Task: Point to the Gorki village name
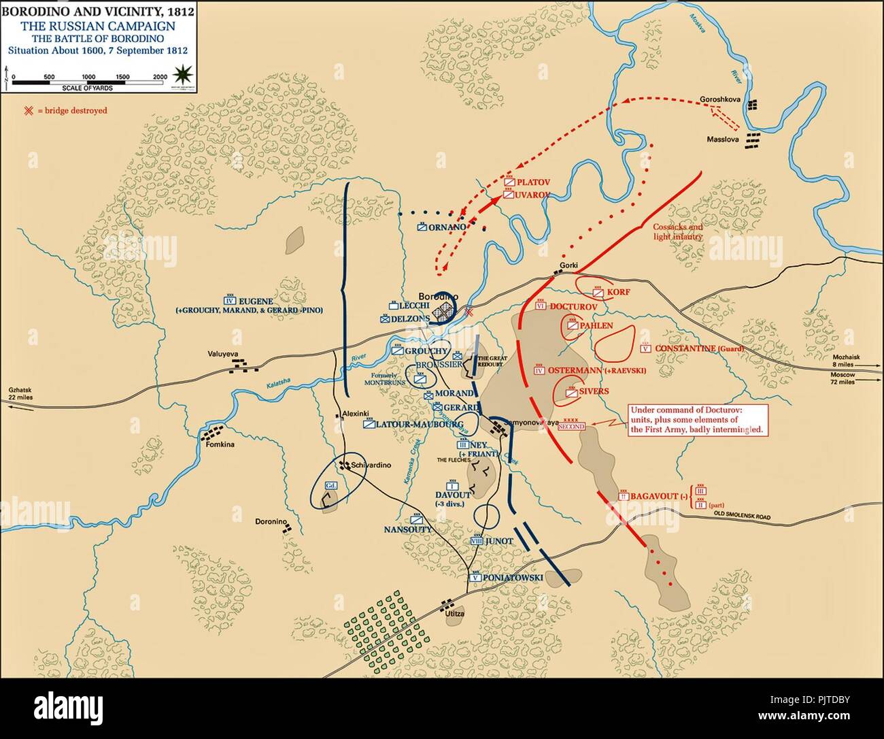tap(568, 265)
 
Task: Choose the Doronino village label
tap(270, 522)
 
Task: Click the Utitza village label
tap(454, 614)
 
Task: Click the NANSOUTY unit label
tap(408, 529)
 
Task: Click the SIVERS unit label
tap(594, 391)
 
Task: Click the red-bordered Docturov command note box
tap(698, 421)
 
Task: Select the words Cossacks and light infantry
tap(677, 232)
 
